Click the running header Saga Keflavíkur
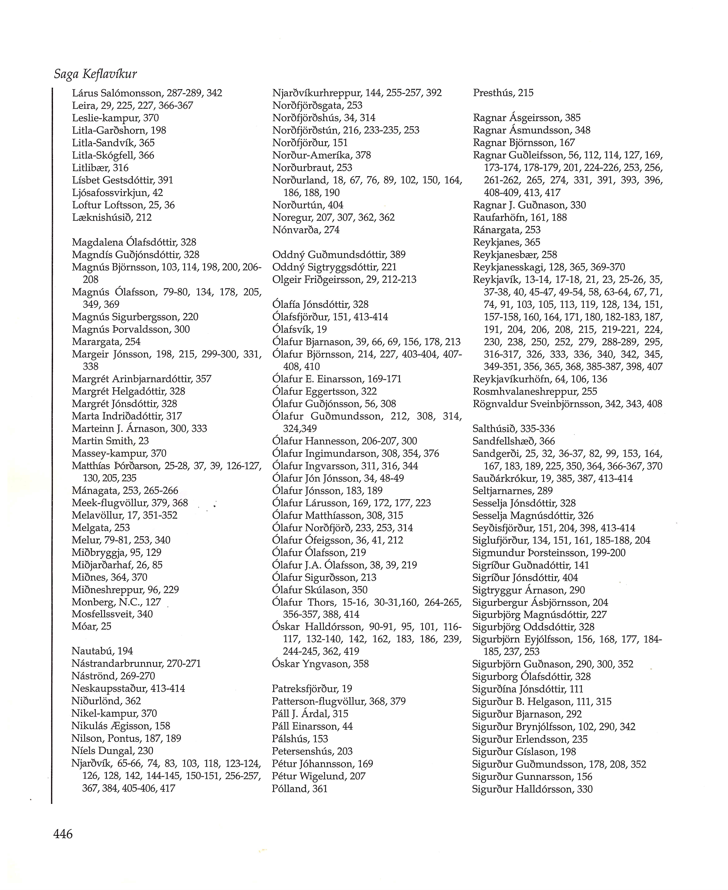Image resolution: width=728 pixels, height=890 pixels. (96, 74)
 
